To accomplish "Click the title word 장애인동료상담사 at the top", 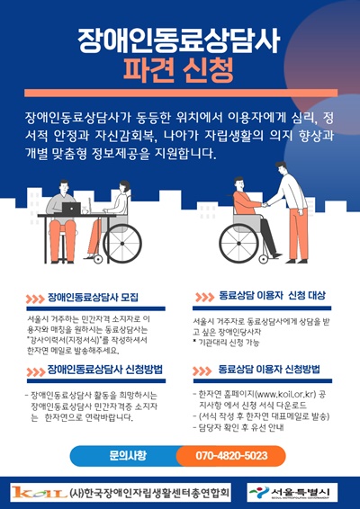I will coord(180,38).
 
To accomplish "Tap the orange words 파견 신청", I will coord(180,68).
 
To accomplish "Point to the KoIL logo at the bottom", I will coord(36,492).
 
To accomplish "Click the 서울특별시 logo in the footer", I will coord(288,492).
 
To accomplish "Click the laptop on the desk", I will coord(71,208).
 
